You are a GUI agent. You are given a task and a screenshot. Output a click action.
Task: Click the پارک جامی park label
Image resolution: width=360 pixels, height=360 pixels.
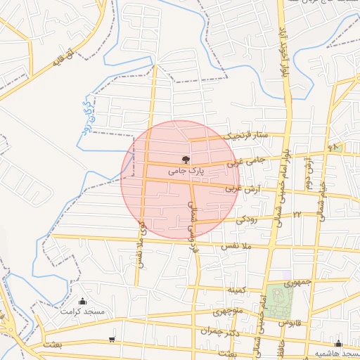tap(186, 170)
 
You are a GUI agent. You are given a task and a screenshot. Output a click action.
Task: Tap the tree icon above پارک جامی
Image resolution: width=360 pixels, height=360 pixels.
tap(186, 160)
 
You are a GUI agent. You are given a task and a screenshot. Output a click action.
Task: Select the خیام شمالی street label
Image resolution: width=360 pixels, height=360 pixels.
tap(323, 198)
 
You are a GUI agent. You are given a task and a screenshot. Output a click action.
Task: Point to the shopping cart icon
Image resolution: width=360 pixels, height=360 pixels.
tap(112, 340)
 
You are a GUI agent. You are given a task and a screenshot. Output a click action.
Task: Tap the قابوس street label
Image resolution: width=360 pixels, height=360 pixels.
tap(290, 322)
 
